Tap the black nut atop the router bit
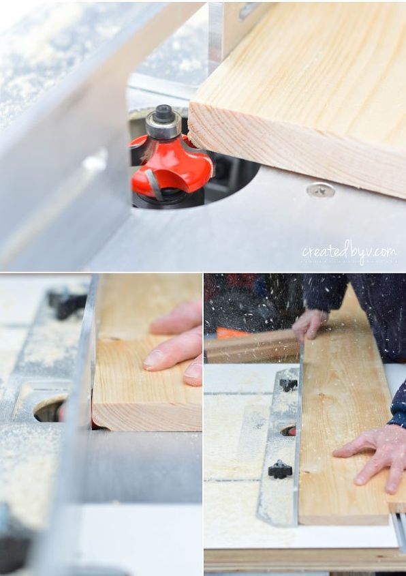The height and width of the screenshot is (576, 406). coord(163,113)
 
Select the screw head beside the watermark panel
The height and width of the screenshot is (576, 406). coord(320,190)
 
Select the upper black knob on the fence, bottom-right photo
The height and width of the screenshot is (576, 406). coord(289,384)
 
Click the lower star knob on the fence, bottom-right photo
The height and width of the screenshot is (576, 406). coord(279,469)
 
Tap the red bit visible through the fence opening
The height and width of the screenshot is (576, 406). coord(290,431)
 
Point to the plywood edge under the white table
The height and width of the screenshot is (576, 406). coord(300,559)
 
